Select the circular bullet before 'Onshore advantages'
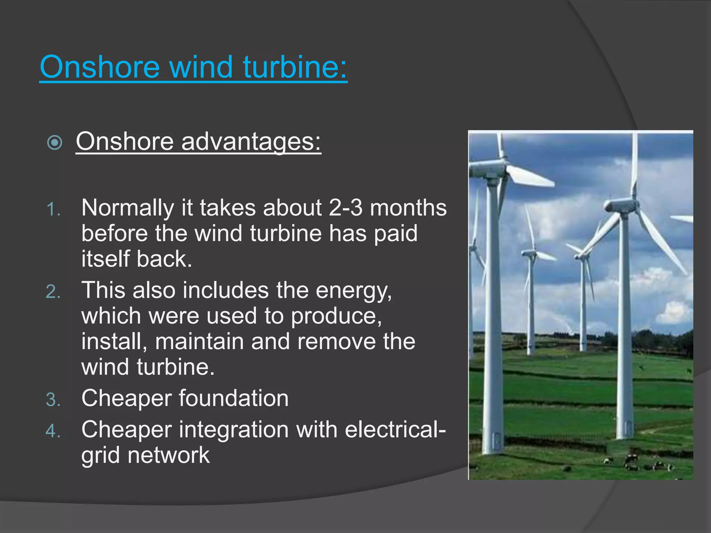[55, 142]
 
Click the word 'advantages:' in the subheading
[251, 142]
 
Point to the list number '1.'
[53, 210]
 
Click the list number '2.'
[53, 292]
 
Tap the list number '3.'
[53, 399]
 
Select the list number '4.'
[53, 431]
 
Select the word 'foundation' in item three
[234, 398]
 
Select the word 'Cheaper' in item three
[126, 398]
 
